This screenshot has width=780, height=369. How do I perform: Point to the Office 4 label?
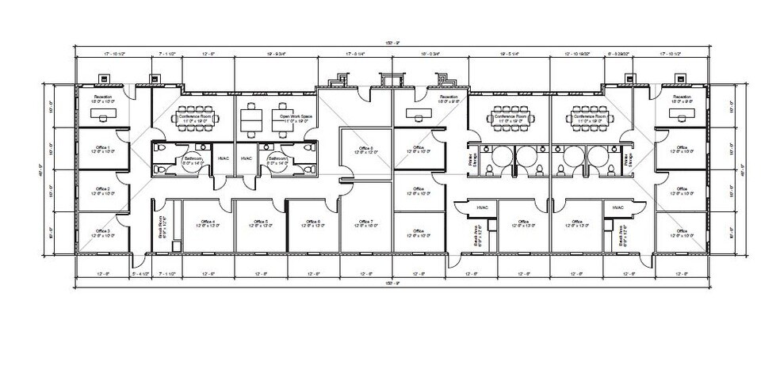[208, 223]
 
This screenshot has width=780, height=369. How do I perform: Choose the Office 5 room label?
[261, 223]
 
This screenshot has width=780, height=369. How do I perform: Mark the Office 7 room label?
[365, 223]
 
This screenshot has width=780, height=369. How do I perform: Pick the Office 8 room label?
[365, 150]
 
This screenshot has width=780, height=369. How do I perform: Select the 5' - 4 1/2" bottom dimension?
[140, 274]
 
